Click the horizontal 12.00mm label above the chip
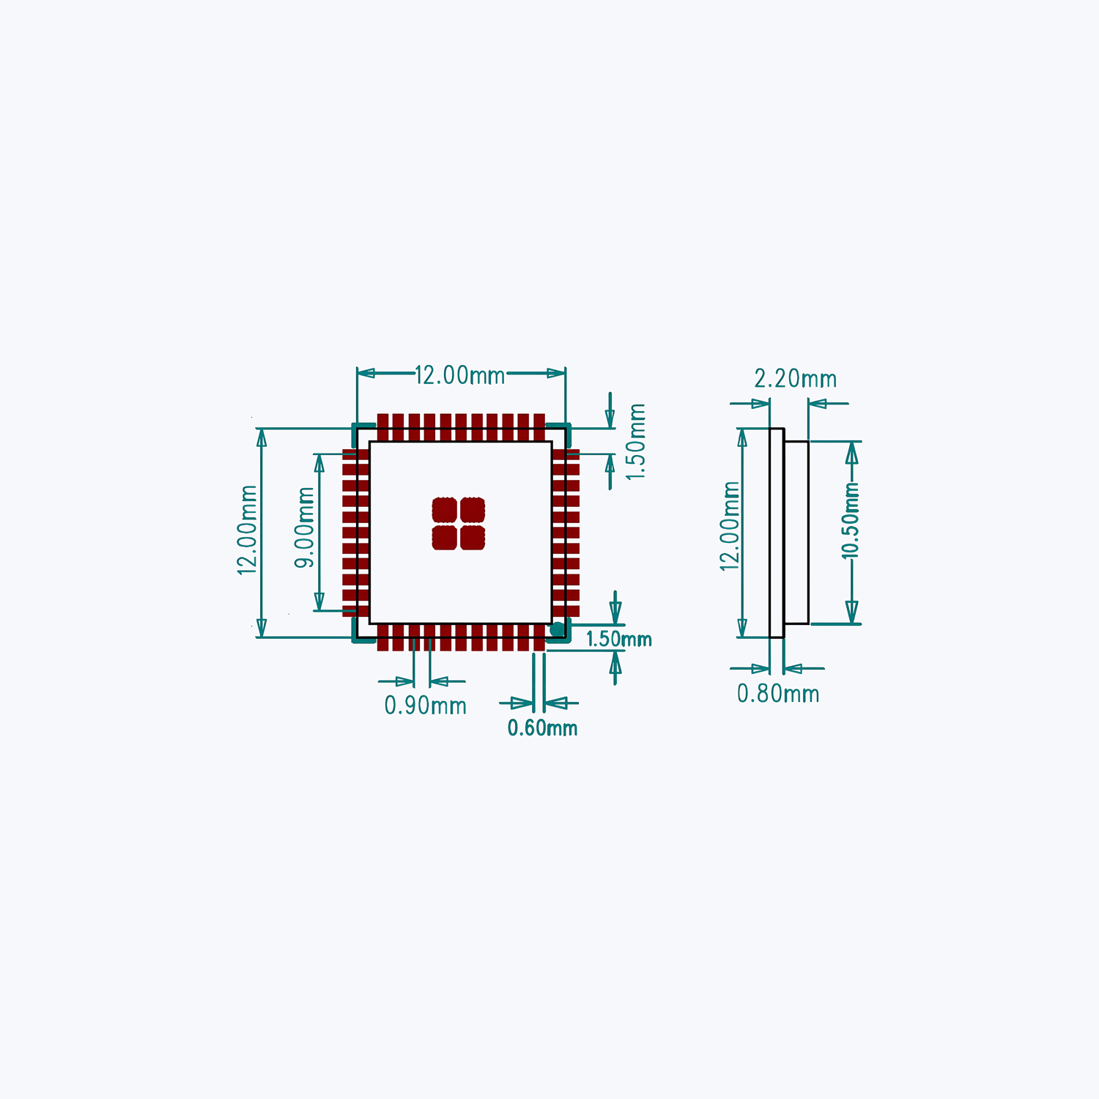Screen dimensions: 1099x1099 [460, 375]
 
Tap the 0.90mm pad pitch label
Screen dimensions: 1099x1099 [426, 706]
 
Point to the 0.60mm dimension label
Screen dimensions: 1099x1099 [542, 728]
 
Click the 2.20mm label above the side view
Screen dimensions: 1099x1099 [796, 379]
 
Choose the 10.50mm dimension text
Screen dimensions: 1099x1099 [850, 521]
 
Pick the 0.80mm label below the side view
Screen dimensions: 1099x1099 [778, 694]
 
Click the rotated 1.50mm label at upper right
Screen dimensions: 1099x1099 [636, 442]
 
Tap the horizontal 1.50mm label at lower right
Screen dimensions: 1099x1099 [618, 639]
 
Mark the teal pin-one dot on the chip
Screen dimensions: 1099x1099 [558, 629]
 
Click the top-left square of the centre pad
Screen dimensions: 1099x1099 [445, 510]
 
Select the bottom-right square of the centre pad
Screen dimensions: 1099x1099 [473, 538]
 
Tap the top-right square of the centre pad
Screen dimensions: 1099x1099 [473, 510]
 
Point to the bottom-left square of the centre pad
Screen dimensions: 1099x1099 [445, 538]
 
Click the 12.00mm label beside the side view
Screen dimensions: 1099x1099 [730, 526]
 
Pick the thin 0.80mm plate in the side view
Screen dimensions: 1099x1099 [777, 533]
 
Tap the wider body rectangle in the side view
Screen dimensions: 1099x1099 [796, 533]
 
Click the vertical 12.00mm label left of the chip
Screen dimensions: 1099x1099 [248, 530]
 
